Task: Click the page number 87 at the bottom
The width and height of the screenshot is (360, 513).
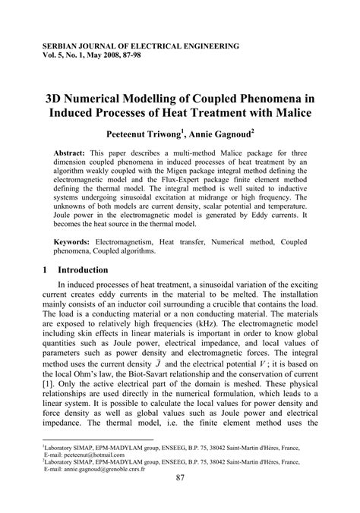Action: click(x=181, y=498)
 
